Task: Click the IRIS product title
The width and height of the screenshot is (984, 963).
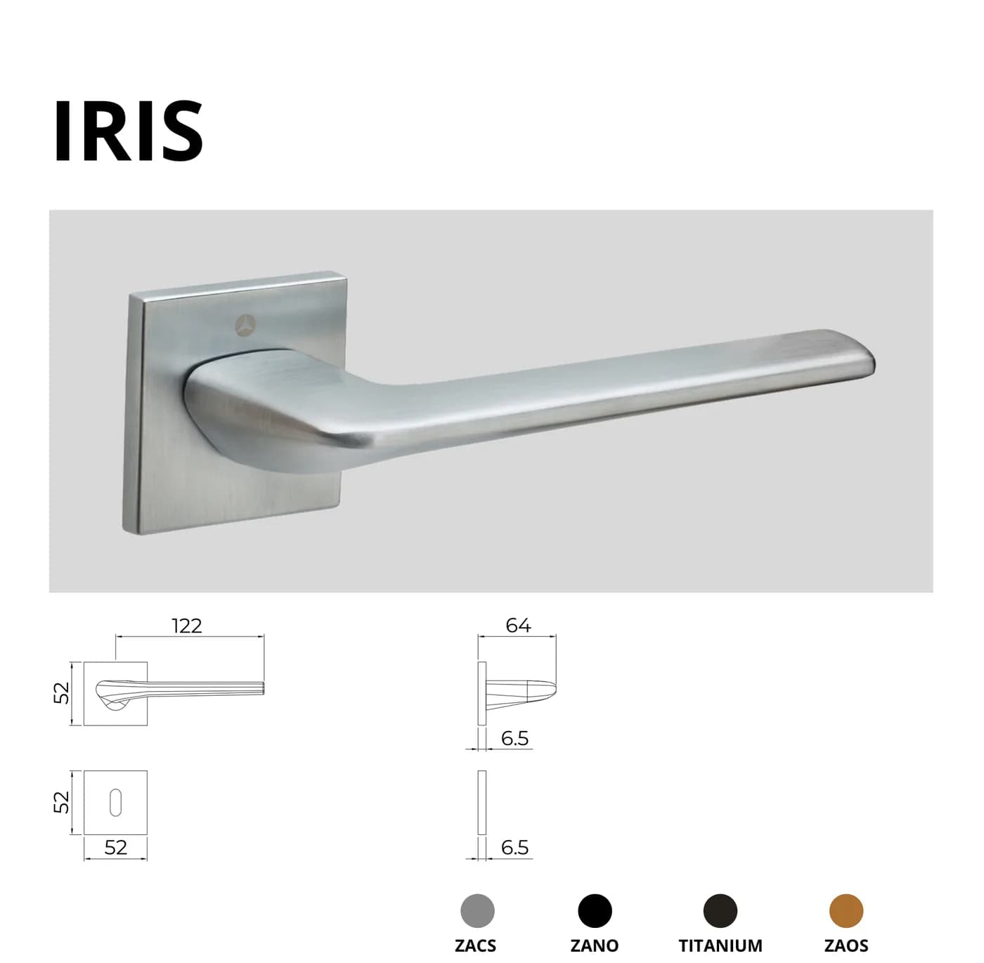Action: [129, 131]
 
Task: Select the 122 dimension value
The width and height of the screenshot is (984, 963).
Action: [187, 626]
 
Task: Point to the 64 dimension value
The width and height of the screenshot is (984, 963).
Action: [518, 626]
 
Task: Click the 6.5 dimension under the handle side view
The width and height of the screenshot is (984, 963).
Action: [514, 739]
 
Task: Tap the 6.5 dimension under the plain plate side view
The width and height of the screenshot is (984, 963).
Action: [514, 847]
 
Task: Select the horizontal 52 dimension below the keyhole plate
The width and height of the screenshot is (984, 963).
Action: [116, 847]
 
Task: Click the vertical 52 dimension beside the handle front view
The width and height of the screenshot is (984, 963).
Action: [61, 693]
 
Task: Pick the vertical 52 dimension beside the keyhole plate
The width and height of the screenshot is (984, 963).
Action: [61, 802]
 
